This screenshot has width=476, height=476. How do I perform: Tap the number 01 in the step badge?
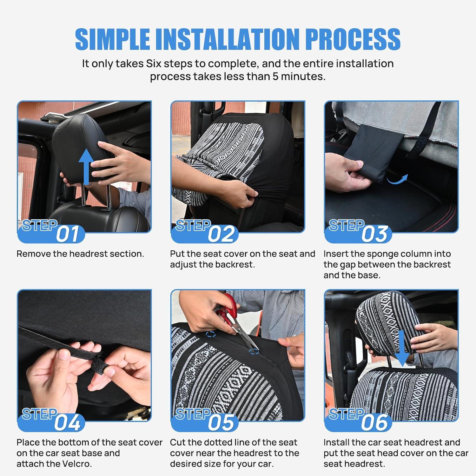coord(67,234)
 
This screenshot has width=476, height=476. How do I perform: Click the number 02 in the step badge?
coord(221,234)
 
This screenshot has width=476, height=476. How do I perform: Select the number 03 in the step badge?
coord(375,234)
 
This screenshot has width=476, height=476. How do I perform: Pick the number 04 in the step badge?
coord(67,423)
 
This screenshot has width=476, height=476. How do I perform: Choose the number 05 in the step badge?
coord(221,423)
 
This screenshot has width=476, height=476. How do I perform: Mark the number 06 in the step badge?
coord(375,423)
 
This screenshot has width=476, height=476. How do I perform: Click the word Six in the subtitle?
coord(153,63)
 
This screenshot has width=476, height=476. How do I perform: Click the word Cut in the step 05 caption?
coord(177,442)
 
